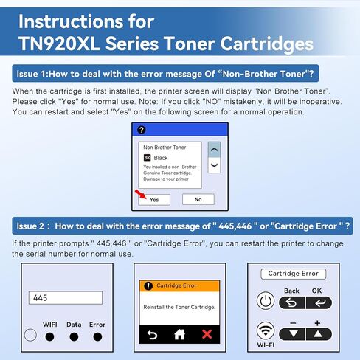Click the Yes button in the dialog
154,199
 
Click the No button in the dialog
198,199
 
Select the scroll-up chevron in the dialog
214,149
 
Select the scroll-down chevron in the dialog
214,166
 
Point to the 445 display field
65,297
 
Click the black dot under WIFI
49,336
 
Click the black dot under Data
74,336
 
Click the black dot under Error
97,336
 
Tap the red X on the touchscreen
207,335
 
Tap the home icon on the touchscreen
180,335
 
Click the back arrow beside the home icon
152,335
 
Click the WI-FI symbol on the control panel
266,332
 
